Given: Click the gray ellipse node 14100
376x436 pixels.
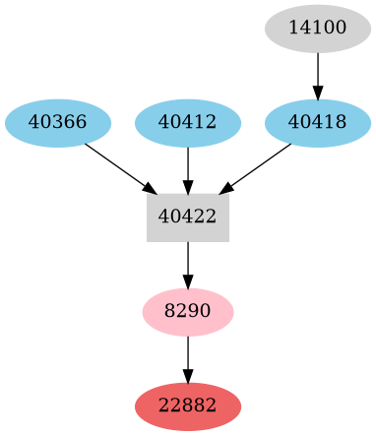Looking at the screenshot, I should (318, 29).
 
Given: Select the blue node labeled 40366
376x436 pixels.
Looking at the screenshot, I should (58, 123).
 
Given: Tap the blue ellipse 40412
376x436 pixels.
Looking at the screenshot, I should (188, 123).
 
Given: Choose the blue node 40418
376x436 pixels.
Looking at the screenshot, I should (318, 123).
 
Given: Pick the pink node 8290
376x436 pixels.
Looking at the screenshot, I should (188, 312).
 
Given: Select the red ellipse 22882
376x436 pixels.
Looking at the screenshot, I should (188, 406).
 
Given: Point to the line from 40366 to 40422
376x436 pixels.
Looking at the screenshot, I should (113, 163).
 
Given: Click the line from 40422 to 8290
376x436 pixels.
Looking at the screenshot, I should (188, 260).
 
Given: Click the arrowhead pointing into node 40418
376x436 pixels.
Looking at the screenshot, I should (318, 93).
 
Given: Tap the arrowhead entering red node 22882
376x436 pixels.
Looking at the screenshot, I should (188, 377).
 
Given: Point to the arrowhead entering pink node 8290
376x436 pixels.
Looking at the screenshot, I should (188, 282).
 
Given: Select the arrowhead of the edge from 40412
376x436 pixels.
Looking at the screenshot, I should (188, 187).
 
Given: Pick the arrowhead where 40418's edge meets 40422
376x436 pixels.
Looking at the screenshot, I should (226, 187).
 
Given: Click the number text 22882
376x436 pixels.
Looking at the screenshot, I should (188, 406).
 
